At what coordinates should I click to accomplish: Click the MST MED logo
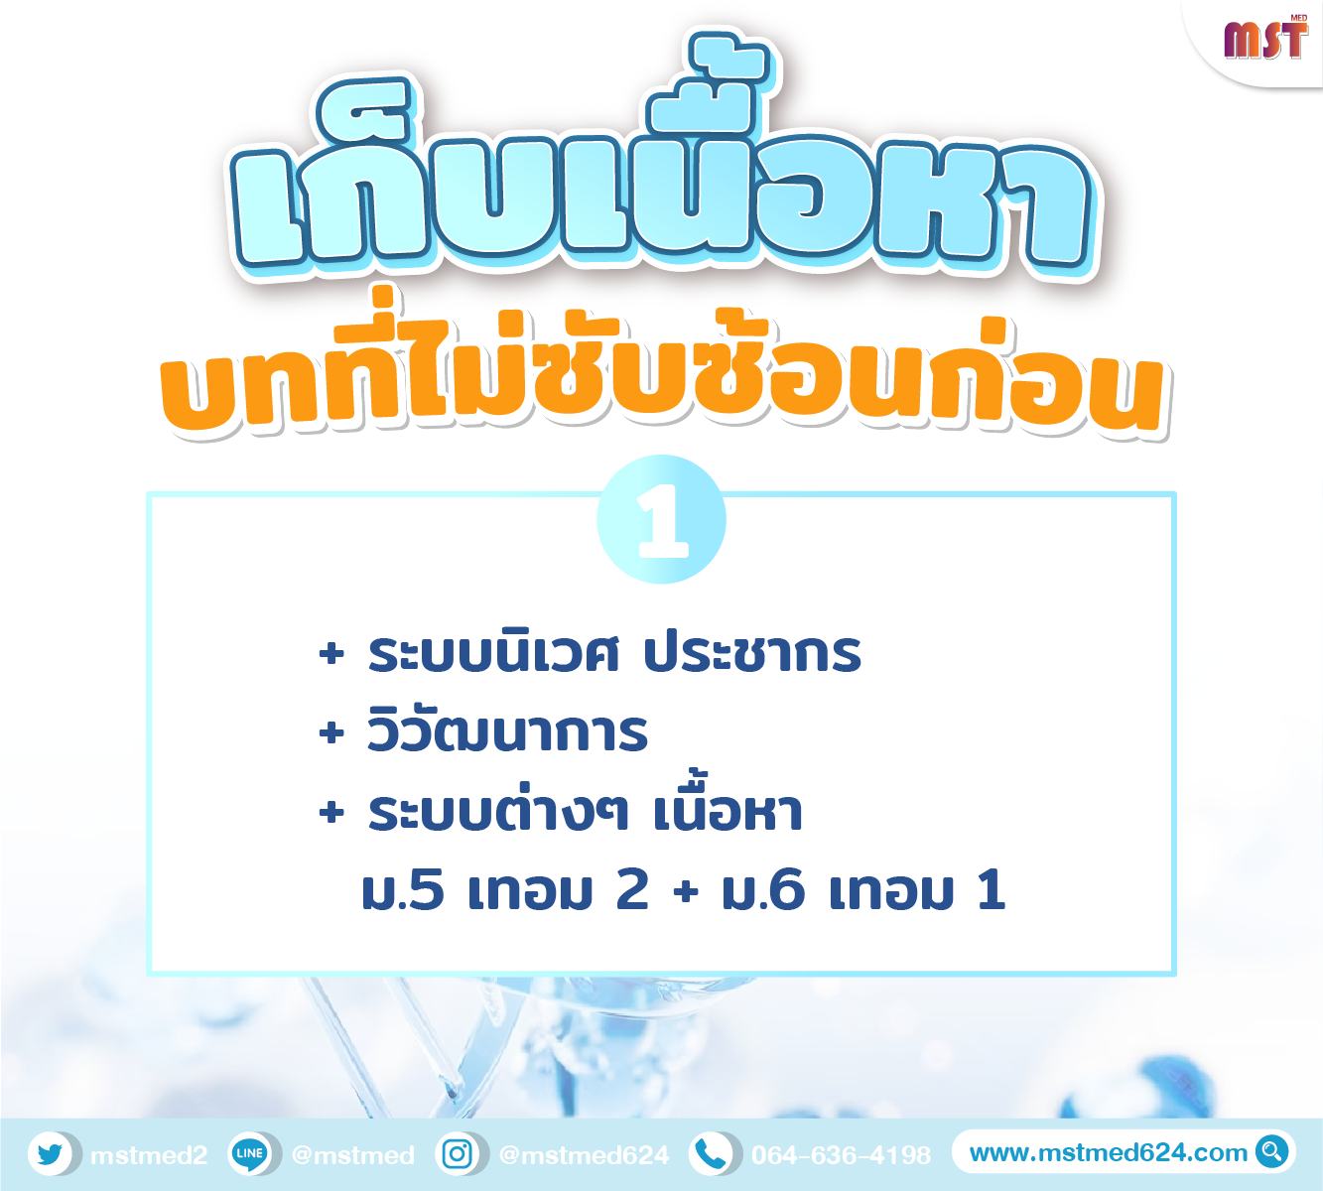pos(1265,38)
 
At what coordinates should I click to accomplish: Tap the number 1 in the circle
pos(662,521)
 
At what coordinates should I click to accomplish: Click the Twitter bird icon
pos(51,1153)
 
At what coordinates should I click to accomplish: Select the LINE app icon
pos(249,1153)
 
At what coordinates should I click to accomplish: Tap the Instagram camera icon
pos(458,1153)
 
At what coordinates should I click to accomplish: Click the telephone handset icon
pos(710,1153)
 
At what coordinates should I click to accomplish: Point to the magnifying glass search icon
pos(1271,1151)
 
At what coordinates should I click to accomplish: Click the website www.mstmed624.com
pos(1108,1152)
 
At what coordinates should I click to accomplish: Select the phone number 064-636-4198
pos(841,1154)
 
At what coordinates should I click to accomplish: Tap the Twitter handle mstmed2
pos(149,1154)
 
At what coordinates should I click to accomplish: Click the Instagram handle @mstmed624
pos(584,1154)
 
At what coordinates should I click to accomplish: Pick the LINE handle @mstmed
pos(353,1154)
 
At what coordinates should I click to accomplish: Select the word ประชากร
pos(752,653)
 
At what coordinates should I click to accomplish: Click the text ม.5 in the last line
pos(402,890)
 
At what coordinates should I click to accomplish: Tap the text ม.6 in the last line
pos(763,890)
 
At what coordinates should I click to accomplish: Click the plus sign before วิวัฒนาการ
pos(331,733)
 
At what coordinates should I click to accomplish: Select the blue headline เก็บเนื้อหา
pos(661,165)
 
